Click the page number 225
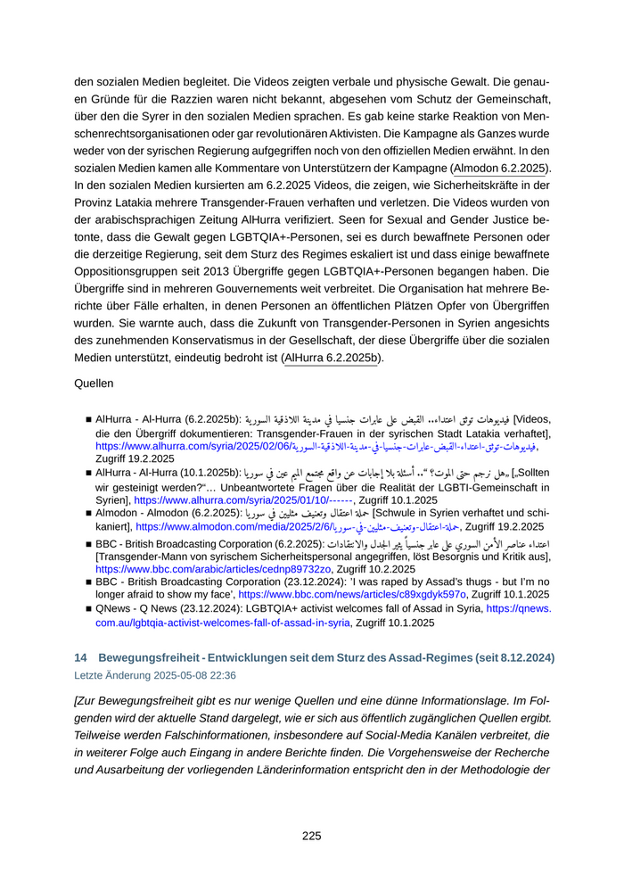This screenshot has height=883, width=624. tap(311, 836)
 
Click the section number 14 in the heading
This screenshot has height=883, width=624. tap(80, 657)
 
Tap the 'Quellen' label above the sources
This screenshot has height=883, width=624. tap(94, 384)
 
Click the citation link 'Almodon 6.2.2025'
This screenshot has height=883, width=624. tap(501, 168)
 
